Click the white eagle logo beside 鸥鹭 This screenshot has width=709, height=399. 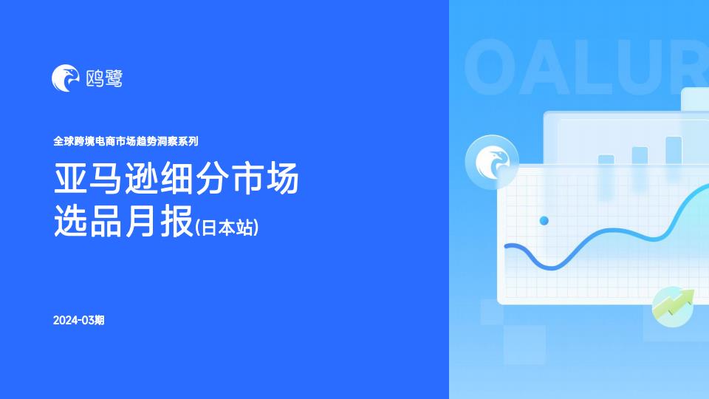(66, 78)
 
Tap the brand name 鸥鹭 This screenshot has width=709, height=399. (104, 79)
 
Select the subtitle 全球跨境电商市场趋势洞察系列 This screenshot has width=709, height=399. (126, 141)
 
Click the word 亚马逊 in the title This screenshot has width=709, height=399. (106, 178)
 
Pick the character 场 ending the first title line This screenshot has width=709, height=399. (282, 178)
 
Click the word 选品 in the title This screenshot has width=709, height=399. (88, 221)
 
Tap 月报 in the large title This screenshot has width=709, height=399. (160, 221)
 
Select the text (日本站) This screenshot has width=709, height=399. (227, 228)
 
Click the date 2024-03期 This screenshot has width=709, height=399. (79, 320)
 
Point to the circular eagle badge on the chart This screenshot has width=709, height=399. (492, 162)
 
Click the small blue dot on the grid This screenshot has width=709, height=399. (544, 221)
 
